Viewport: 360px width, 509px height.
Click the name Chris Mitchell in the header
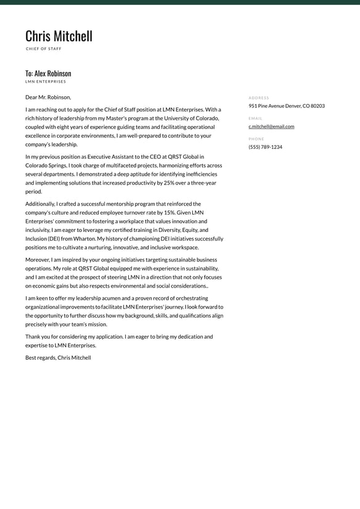tap(59, 36)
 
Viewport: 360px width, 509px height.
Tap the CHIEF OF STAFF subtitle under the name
tap(44, 49)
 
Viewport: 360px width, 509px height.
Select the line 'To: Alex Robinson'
tap(48, 73)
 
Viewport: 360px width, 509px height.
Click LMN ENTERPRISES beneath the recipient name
tap(46, 81)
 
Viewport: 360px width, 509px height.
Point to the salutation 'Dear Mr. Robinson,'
tap(48, 97)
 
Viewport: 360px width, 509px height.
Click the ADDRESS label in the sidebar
tap(259, 97)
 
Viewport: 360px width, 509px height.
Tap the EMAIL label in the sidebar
tap(255, 118)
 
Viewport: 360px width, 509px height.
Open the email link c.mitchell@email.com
tap(271, 126)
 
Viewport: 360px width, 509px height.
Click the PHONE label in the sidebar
tap(256, 139)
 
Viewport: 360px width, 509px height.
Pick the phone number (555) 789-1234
tap(265, 147)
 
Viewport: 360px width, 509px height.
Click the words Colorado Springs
tap(46, 165)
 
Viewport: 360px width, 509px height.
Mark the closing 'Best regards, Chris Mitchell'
tap(58, 358)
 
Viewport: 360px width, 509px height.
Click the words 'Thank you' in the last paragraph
tap(36, 337)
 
